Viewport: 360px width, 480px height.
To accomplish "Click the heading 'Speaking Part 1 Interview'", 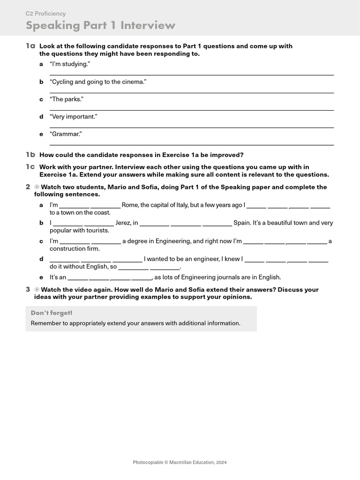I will pyautogui.click(x=100, y=25).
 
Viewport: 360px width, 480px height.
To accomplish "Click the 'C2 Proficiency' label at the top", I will pyautogui.click(x=45, y=14).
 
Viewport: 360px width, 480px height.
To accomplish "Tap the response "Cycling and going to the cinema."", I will pyautogui.click(x=98, y=82).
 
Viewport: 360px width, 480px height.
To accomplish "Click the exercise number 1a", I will pyautogui.click(x=30, y=46).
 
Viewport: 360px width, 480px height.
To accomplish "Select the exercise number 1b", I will pyautogui.click(x=30, y=155).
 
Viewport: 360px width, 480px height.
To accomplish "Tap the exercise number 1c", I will pyautogui.click(x=30, y=167).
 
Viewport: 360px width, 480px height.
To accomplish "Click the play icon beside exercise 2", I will pyautogui.click(x=37, y=187).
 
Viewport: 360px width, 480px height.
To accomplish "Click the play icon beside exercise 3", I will pyautogui.click(x=37, y=290).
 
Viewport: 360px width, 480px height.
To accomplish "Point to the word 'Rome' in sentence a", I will pyautogui.click(x=130, y=205).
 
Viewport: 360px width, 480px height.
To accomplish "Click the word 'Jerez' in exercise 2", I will pyautogui.click(x=123, y=223).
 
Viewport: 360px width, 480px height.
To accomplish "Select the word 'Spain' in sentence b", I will pyautogui.click(x=242, y=223).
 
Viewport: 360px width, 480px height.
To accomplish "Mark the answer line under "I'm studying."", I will pyautogui.click(x=191, y=75).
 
